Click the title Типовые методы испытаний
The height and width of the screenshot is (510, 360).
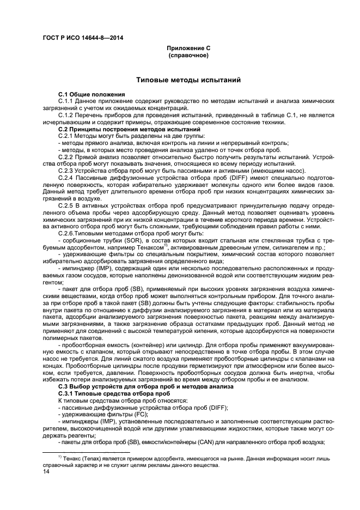188,81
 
